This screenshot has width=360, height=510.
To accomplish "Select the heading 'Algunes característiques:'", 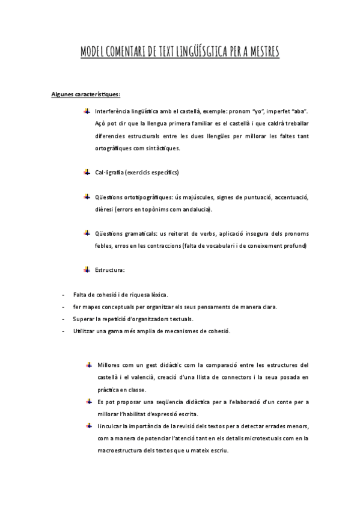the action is [86, 94].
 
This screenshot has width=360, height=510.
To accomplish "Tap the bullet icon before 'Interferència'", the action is [87, 111].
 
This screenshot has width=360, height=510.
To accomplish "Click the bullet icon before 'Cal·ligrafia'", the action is [87, 173].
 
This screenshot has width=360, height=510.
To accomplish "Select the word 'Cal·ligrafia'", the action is [109, 173].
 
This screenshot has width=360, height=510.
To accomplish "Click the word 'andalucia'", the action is [196, 210].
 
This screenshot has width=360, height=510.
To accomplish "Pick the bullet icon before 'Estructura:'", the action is [87, 270].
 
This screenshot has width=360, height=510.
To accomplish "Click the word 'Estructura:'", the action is [110, 271].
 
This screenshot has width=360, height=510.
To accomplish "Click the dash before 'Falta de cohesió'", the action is [64, 295].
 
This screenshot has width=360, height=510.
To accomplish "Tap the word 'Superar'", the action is [84, 319].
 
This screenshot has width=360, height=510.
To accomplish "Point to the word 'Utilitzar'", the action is [85, 331].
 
